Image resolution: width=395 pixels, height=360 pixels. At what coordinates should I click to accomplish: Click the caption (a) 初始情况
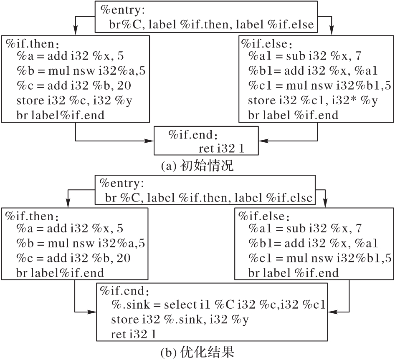click(197, 166)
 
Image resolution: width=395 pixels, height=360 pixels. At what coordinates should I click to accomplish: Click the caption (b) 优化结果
click(197, 352)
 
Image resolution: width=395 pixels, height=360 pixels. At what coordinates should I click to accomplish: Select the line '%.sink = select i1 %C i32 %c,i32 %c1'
click(218, 305)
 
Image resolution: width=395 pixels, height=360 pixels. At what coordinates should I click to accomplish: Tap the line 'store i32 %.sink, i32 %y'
click(180, 320)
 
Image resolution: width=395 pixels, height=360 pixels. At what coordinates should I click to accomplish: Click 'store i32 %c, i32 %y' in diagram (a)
click(74, 101)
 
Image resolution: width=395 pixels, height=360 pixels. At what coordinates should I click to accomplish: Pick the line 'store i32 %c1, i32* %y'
click(313, 101)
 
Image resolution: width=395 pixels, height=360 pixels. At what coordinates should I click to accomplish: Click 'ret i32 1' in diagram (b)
click(134, 334)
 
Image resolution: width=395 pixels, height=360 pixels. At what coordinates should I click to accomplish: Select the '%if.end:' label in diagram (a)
click(193, 135)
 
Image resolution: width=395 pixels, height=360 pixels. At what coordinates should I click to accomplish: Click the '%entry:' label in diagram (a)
click(122, 10)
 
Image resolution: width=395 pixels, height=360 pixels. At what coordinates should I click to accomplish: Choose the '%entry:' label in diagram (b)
click(122, 183)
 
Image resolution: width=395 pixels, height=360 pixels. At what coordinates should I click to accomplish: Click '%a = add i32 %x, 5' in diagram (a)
click(70, 56)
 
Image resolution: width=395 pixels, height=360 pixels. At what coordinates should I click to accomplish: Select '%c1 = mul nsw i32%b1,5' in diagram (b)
click(320, 258)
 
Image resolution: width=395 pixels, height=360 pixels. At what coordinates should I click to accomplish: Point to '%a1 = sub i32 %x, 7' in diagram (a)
click(305, 56)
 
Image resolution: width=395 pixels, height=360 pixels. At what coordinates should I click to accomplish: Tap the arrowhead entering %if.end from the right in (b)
click(332, 312)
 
